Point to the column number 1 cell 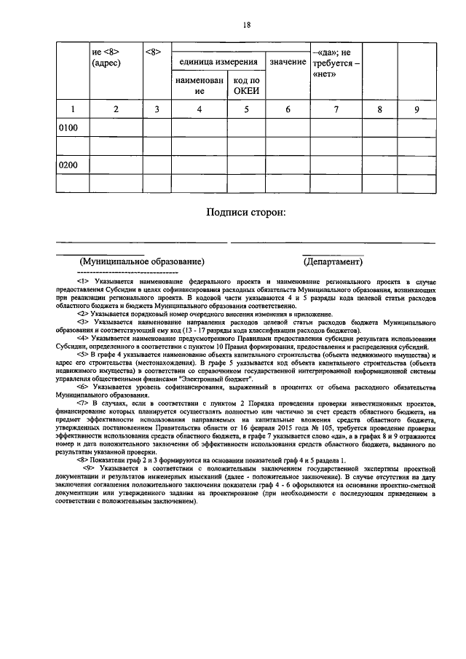click(71, 109)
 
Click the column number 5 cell click(246, 109)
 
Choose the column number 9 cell click(416, 109)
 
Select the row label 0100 click(68, 128)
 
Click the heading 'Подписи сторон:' click(246, 213)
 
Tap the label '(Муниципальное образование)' click(142, 261)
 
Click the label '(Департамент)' click(333, 261)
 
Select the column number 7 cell click(336, 109)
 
